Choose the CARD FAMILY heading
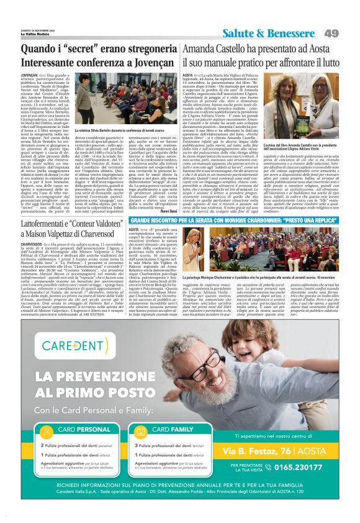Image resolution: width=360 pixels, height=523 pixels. pos(172,429)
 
